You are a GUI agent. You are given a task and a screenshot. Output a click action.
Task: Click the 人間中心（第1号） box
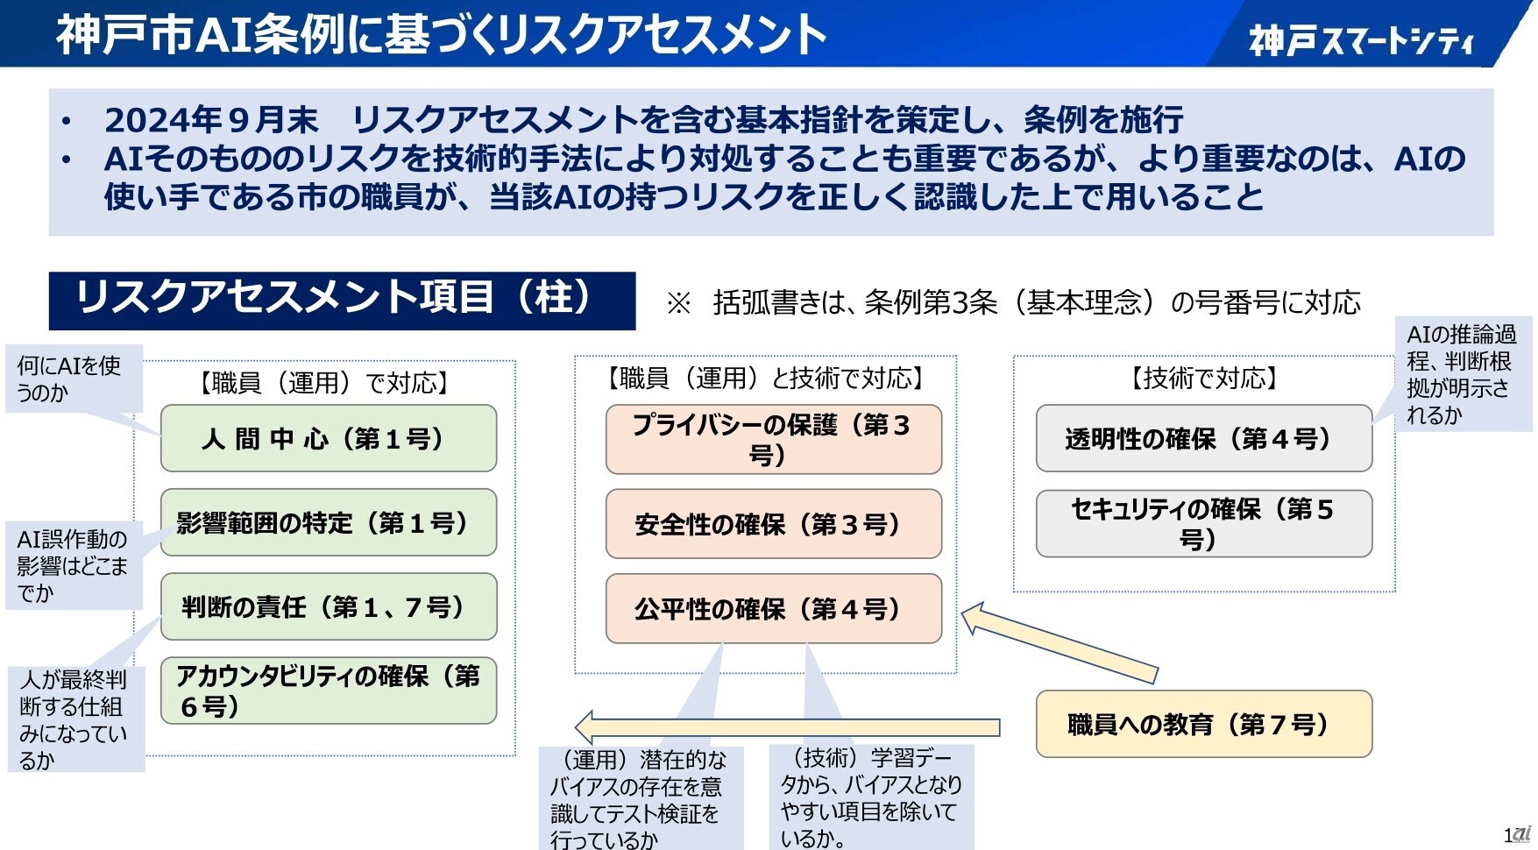pos(328,438)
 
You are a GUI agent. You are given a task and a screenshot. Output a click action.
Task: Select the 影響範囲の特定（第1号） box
pos(328,522)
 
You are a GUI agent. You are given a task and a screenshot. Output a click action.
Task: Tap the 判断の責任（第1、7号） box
pos(328,606)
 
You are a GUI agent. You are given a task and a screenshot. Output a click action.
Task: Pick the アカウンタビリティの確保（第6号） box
pos(328,691)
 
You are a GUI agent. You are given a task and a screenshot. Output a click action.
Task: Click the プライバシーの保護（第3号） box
pos(773,439)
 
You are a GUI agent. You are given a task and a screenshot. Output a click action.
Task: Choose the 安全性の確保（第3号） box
pos(773,524)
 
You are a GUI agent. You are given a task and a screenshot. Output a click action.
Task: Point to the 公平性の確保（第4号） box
pos(773,608)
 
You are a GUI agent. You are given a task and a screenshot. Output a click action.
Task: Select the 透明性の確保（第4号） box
pos(1203,438)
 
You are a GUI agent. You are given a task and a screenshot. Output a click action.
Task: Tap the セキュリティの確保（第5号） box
pos(1203,523)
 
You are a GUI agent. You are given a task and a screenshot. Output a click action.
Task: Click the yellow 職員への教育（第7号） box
pos(1203,724)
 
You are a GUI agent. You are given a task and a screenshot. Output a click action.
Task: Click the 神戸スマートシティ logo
pos(1361,39)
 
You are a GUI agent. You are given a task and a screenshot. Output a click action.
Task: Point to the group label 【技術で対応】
pos(1203,379)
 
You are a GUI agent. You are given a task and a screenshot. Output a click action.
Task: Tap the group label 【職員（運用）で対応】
pos(323,383)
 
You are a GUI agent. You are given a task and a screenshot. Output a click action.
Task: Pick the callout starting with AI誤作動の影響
pos(74,565)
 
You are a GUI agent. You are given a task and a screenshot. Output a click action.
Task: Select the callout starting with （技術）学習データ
pos(870,797)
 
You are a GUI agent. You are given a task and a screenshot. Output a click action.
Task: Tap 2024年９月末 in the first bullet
pos(211,119)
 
